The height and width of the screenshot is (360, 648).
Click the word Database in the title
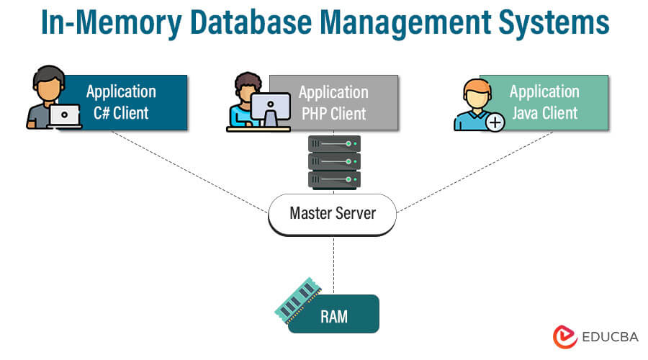point(253,24)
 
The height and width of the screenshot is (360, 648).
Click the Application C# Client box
point(126,102)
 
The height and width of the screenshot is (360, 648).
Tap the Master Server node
point(332,213)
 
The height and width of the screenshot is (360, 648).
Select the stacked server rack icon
point(334,161)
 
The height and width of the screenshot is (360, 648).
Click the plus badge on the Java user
point(495,122)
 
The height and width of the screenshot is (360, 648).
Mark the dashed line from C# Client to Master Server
point(191,171)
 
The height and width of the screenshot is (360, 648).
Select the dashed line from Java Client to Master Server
point(475,171)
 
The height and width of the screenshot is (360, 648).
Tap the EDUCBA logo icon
point(564,336)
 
